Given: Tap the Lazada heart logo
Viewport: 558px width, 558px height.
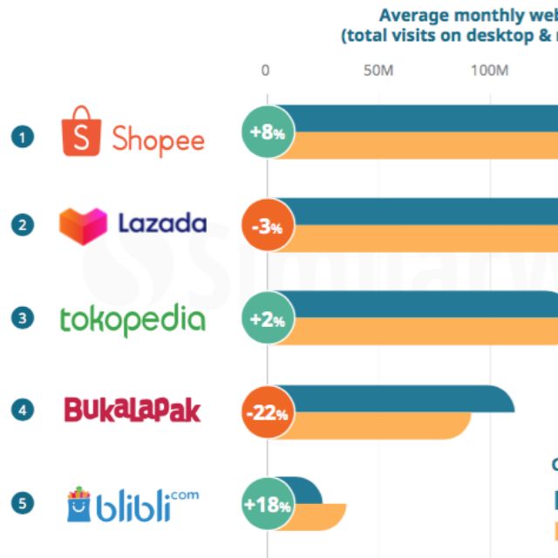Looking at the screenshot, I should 83,226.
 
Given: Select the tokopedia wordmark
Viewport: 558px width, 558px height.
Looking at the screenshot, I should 133,319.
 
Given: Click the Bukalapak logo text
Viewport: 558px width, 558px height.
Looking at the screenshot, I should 133,410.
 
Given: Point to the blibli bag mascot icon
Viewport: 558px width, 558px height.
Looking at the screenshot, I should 81,504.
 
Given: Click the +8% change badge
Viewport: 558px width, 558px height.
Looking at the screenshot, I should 268,133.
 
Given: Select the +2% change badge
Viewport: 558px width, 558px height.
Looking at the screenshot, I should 268,319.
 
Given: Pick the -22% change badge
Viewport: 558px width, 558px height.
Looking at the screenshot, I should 268,412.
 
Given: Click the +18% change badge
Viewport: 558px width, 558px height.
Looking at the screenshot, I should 268,505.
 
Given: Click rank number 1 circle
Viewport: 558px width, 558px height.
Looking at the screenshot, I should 23,137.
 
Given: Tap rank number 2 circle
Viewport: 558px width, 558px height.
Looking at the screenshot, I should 23,225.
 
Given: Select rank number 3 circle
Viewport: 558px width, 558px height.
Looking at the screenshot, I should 23,318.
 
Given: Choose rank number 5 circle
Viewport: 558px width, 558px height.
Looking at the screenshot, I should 23,503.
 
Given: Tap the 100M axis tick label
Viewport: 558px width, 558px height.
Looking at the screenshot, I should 489,71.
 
